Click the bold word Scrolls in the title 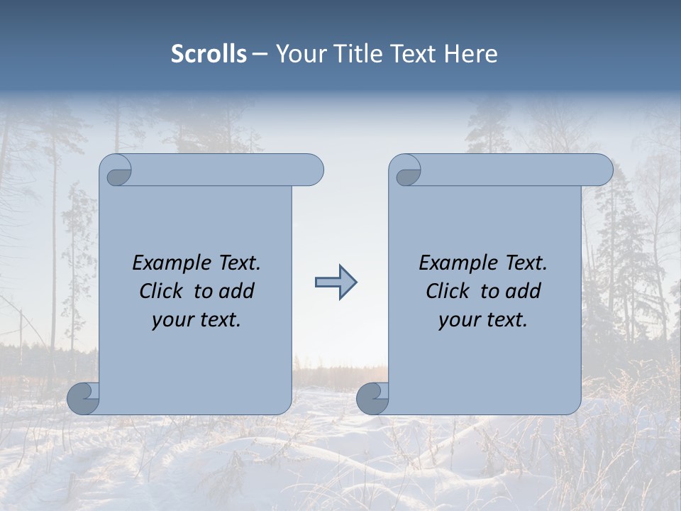pyautogui.click(x=209, y=54)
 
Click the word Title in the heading pyautogui.click(x=355, y=54)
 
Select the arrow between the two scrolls pyautogui.click(x=336, y=282)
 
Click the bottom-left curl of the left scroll pyautogui.click(x=84, y=398)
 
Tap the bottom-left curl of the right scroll pyautogui.click(x=373, y=398)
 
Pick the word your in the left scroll pyautogui.click(x=171, y=320)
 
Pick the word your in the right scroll pyautogui.click(x=458, y=320)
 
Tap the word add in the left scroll pyautogui.click(x=237, y=291)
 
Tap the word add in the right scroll pyautogui.click(x=524, y=291)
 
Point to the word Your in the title pyautogui.click(x=299, y=54)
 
